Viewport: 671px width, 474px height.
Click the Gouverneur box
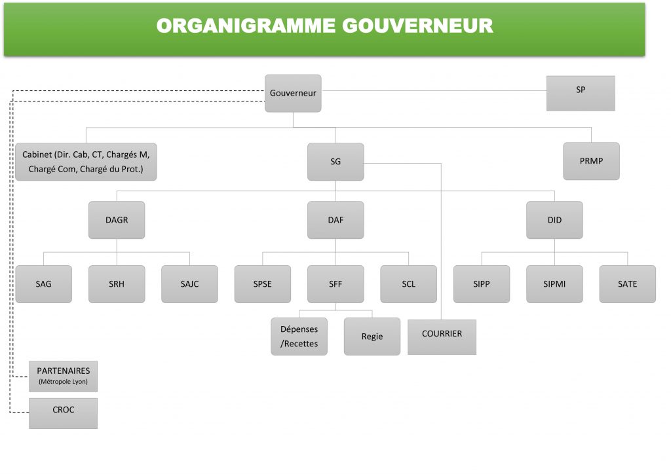tap(293, 93)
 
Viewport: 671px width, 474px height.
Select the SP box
tap(581, 93)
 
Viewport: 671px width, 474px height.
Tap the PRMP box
tap(592, 161)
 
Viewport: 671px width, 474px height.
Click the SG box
tap(335, 162)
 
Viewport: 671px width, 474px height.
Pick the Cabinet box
tap(86, 162)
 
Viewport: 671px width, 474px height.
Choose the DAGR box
tap(117, 220)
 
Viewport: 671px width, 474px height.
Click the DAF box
tap(335, 220)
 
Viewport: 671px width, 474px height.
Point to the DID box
tap(554, 220)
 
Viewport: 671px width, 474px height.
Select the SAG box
tap(44, 284)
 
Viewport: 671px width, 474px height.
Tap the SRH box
tap(117, 284)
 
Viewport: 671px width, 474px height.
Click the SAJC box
tap(189, 284)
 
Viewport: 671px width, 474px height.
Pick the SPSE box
tap(263, 284)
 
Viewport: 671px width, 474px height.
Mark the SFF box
tap(335, 284)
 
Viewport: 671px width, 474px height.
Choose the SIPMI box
tap(554, 284)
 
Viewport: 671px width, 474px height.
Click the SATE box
tap(628, 284)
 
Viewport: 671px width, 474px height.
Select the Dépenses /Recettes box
tap(299, 337)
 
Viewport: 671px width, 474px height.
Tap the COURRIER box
tap(442, 337)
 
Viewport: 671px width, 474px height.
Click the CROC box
tap(64, 413)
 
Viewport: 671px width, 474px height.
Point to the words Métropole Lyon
tap(64, 382)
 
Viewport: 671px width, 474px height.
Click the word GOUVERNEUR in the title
tap(417, 26)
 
